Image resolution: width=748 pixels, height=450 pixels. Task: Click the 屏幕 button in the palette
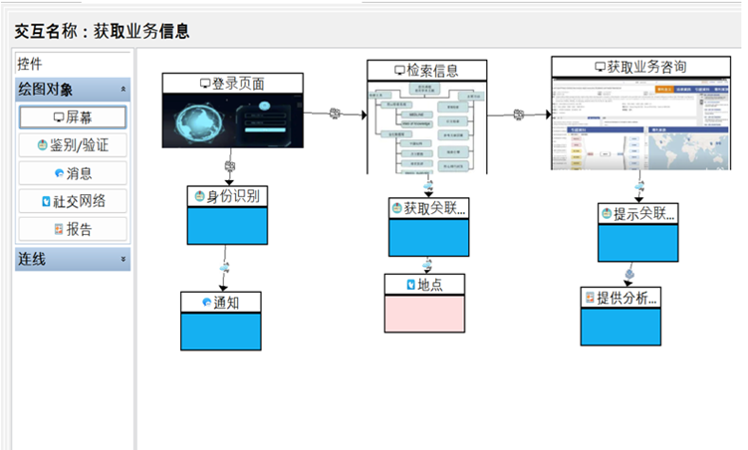[x=73, y=116]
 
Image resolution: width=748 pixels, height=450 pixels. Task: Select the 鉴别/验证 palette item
[x=73, y=145]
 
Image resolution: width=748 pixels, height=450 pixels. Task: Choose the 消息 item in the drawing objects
[x=73, y=173]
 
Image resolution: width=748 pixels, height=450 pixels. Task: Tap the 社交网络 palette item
[x=73, y=201]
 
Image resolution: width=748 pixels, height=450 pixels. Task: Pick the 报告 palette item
[x=73, y=229]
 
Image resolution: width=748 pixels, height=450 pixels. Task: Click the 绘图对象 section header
[x=73, y=89]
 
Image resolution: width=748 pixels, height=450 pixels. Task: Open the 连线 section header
[x=73, y=259]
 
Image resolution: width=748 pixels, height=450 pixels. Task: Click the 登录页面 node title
[x=232, y=84]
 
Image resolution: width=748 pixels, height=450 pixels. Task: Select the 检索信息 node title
[x=426, y=70]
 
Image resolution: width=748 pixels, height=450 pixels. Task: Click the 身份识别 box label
[x=228, y=196]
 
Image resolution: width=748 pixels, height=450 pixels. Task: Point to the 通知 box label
[x=221, y=302]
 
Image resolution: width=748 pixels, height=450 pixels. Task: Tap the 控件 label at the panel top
[x=31, y=62]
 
